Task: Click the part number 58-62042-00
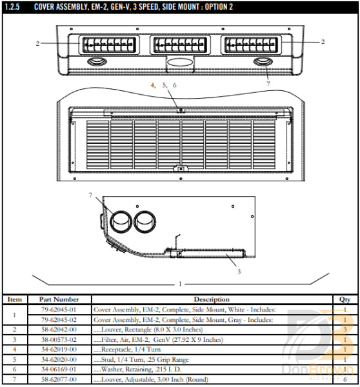pos(59,329)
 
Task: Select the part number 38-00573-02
pos(59,339)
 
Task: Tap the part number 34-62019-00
pos(59,348)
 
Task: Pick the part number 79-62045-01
pos(59,309)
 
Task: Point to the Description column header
pos(212,299)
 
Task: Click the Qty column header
pos(345,299)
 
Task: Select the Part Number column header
pos(59,299)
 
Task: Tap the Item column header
pos(14,299)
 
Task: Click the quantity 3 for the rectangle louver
pos(345,329)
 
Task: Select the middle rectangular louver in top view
pos(180,45)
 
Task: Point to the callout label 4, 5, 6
pos(163,85)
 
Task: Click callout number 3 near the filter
pos(239,272)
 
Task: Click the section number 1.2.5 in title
pos(13,6)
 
